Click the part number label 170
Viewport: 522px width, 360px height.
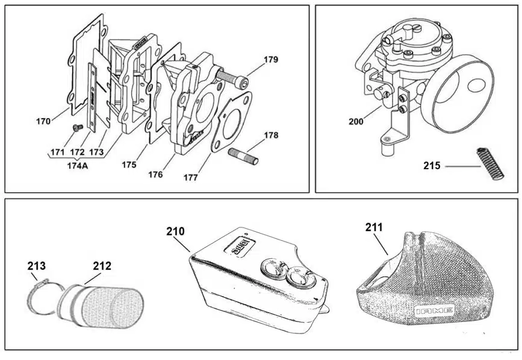(43, 121)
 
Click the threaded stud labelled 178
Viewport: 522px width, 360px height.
(243, 157)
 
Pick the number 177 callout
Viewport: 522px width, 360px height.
(191, 177)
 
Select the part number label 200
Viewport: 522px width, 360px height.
(356, 121)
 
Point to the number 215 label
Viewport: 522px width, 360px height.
(432, 164)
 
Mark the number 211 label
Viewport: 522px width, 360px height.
(374, 227)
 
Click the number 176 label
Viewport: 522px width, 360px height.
(155, 174)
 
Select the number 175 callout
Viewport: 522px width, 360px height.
(128, 164)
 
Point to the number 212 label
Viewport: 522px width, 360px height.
(102, 265)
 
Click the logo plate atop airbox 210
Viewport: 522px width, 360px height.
(240, 246)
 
